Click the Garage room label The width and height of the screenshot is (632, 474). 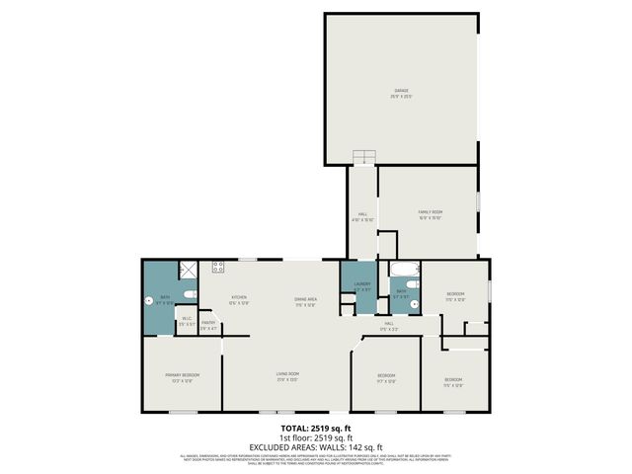[x=400, y=93]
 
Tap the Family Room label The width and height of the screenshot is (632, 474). [x=429, y=214]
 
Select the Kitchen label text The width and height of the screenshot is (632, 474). [x=239, y=299]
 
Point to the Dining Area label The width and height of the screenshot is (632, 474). [x=305, y=301]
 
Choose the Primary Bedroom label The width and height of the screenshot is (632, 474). [x=183, y=377]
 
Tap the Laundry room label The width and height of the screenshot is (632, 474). [x=361, y=287]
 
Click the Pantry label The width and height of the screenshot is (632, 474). [x=208, y=324]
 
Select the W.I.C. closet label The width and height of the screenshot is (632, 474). [x=186, y=320]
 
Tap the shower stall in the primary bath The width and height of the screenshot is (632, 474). [x=186, y=270]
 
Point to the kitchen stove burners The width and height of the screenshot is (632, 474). [x=218, y=266]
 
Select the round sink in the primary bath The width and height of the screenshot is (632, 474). [x=149, y=301]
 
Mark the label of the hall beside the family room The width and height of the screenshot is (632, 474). [x=362, y=218]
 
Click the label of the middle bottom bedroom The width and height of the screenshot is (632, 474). [x=386, y=377]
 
